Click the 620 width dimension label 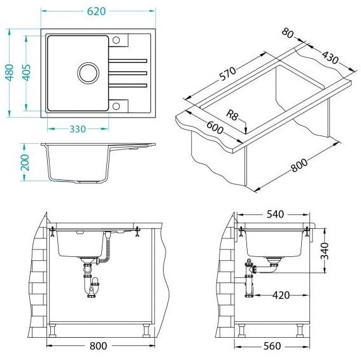96,11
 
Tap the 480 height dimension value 10,73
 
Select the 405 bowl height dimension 26,73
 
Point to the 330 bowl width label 78,129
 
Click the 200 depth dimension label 25,163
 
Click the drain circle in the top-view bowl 88,73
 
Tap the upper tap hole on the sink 116,40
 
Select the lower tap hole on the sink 116,106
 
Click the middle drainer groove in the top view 128,73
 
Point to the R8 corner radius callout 232,114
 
